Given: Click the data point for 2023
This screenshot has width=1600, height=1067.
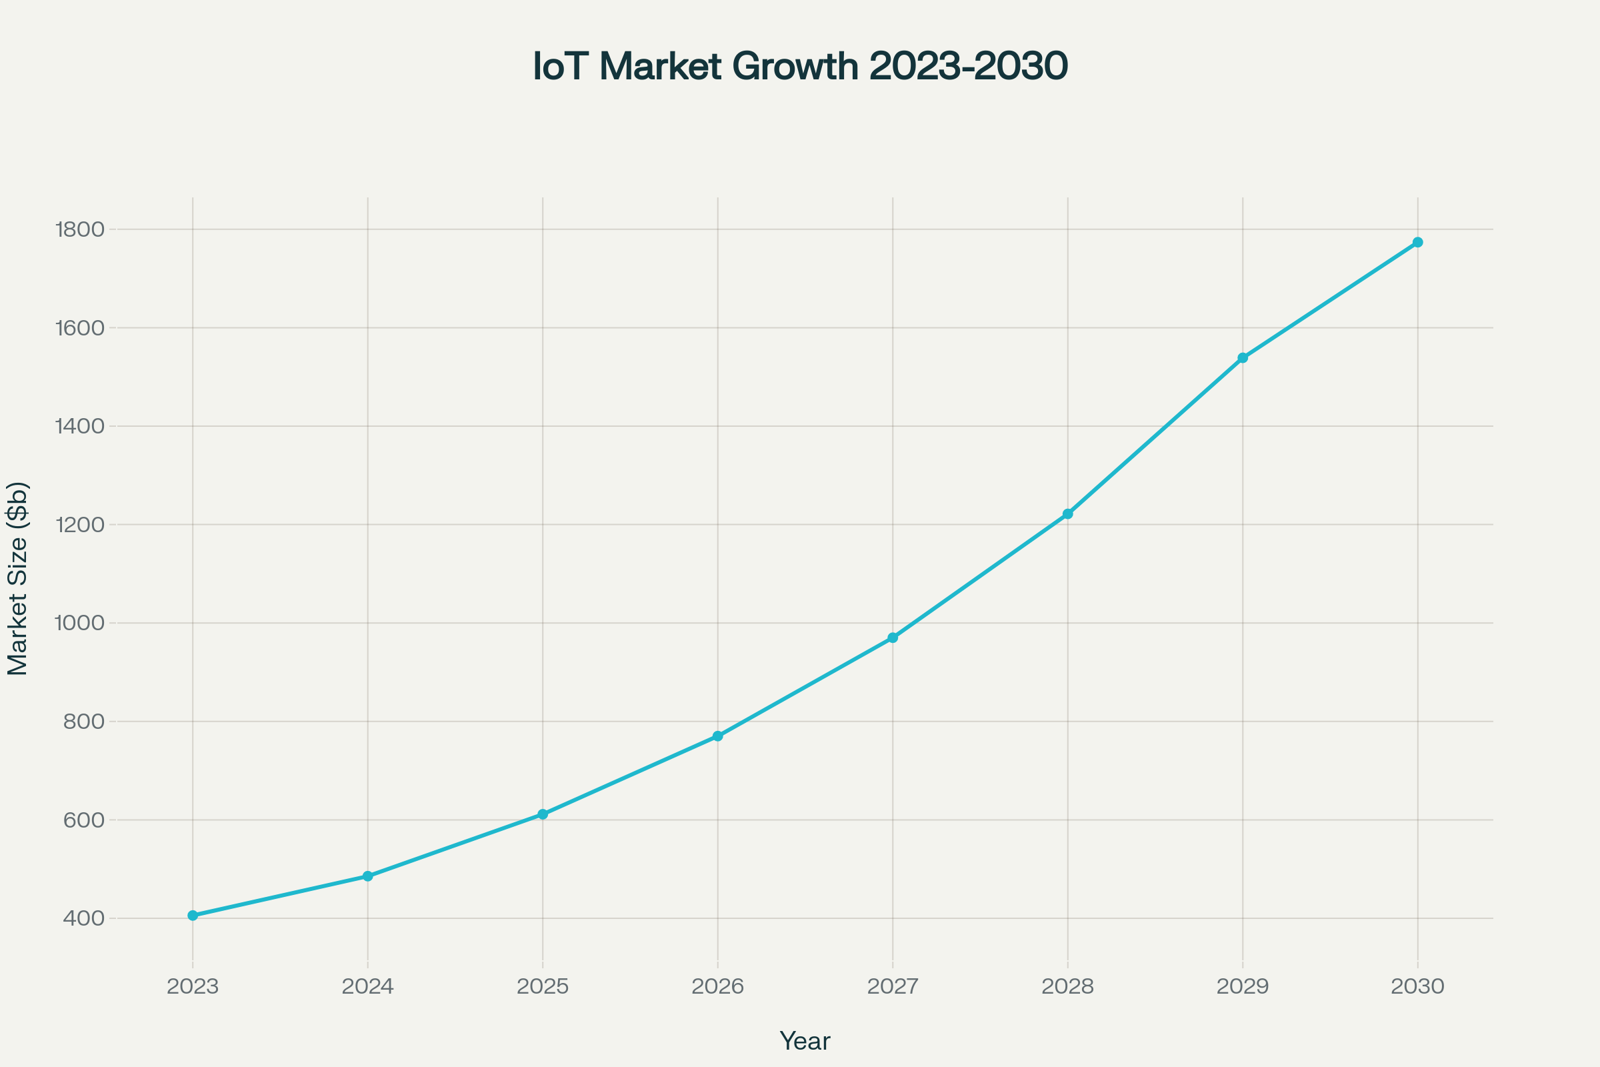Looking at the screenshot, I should point(193,915).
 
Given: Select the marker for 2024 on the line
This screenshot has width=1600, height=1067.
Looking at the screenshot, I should point(368,876).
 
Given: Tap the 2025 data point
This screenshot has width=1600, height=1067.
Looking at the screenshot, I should point(543,814).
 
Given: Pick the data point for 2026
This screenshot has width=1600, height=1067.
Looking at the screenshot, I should point(718,736).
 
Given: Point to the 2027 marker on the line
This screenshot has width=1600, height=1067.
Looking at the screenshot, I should point(893,638).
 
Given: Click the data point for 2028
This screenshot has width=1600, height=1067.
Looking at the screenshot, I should point(1068,513).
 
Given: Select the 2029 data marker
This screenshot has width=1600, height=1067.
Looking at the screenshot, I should point(1243,358).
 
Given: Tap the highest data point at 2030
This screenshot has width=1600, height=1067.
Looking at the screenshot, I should point(1418,242).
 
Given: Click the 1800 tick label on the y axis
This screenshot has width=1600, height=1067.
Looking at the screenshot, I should point(79,229).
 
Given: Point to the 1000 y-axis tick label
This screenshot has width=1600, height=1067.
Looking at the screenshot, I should point(79,623).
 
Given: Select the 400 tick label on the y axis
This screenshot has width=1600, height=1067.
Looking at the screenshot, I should point(84,918).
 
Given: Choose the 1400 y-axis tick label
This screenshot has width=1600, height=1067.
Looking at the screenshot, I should point(79,426).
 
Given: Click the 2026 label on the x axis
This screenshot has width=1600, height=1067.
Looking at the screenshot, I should point(718,986).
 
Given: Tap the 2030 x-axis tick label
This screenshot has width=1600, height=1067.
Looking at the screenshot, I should point(1418,986).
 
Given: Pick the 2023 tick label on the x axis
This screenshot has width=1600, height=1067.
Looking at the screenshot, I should point(193,986).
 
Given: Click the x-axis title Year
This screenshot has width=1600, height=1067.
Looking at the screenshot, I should point(805,1041).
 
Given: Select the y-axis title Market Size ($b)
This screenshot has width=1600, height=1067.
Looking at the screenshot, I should point(18,578).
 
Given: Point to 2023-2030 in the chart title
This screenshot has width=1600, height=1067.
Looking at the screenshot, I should point(969,67).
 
